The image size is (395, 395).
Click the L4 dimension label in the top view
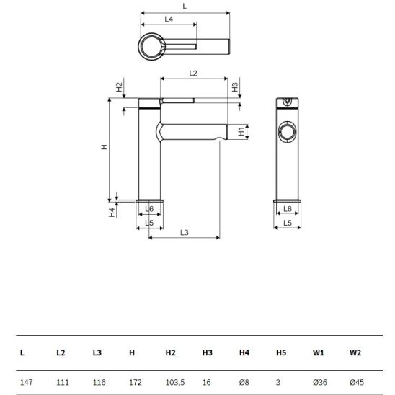pos(169,19)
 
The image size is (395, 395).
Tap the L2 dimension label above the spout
pos(193,74)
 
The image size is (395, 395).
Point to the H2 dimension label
pos(119,87)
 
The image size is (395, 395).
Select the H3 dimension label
pos(235,87)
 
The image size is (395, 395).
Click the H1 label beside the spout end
pos(241,131)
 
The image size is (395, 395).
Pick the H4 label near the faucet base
pos(112,213)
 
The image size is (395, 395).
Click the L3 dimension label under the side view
pos(185,232)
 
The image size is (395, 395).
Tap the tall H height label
pos(104,147)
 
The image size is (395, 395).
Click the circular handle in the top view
pos(151,47)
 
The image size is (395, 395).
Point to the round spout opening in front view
pos(287,132)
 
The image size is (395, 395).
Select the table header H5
pos(281,352)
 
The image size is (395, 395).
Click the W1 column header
pos(319,352)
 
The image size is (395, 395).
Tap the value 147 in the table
pos(27,382)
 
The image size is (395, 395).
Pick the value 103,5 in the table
pos(175,382)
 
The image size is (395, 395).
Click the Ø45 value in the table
pos(357,382)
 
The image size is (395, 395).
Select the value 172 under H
pos(136,382)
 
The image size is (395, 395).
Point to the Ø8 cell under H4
pos(244,382)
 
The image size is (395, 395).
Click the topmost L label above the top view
pos(185,6)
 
